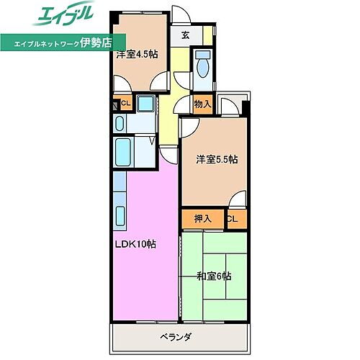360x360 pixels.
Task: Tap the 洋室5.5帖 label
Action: (217, 160)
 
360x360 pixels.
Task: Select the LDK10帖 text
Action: (135, 244)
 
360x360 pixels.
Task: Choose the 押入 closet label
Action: (202, 218)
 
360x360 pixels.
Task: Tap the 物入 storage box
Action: (202, 104)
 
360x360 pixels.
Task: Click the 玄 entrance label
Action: (186, 35)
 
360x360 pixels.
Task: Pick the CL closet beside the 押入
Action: (233, 218)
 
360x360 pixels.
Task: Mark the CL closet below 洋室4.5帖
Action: (124, 104)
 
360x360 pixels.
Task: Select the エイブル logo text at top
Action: (58, 16)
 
